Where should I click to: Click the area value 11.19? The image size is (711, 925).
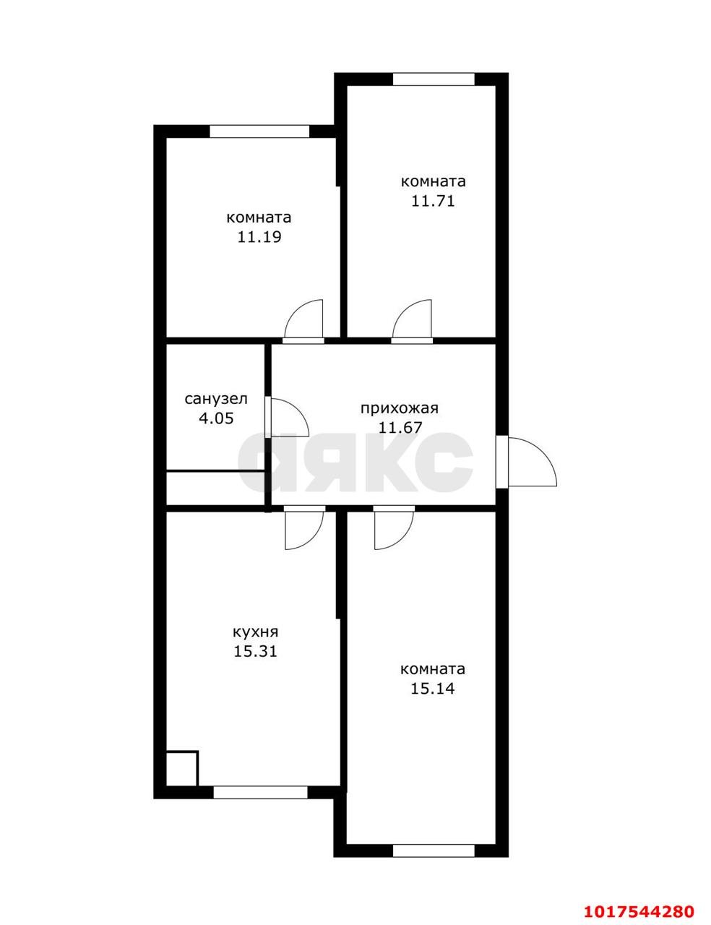tap(259, 237)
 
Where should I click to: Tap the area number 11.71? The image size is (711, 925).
tap(433, 200)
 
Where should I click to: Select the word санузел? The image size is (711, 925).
tap(216, 399)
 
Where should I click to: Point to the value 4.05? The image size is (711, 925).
tap(216, 418)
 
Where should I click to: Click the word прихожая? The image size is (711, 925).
tap(400, 408)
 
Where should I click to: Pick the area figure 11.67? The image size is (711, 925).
tap(400, 427)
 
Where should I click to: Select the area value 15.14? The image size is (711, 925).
tap(432, 700)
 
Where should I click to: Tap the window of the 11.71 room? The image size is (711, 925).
tap(433, 79)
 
